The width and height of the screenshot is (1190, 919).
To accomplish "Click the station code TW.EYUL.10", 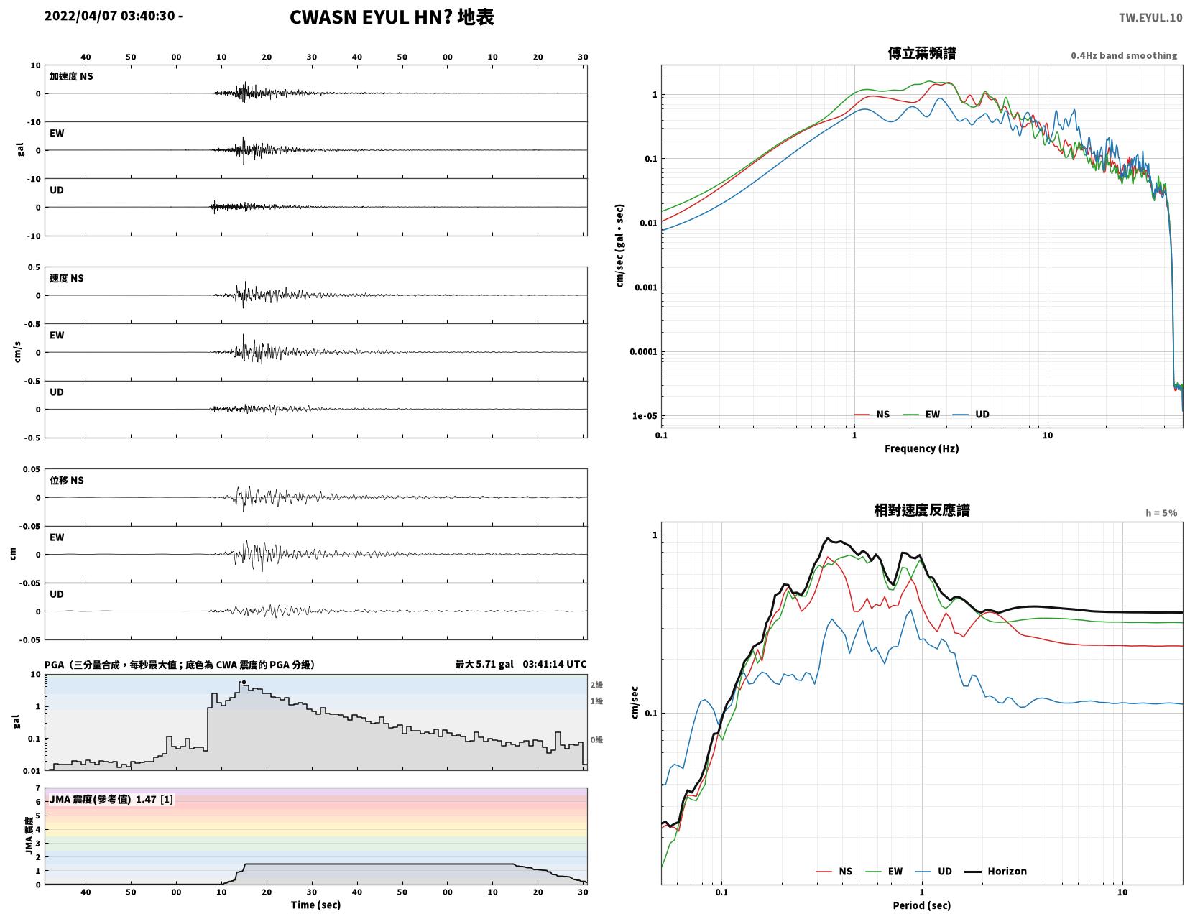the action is [1150, 17].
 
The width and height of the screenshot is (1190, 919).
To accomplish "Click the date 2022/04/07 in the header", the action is [80, 15].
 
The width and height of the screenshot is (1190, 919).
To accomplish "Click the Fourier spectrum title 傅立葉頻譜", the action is [922, 53].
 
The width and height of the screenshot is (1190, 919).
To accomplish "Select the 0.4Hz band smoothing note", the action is [1124, 55].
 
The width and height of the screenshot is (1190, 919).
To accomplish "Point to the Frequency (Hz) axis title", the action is [922, 448].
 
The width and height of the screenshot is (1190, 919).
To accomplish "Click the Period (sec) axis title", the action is [922, 905].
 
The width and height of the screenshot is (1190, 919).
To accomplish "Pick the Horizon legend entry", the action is [995, 872].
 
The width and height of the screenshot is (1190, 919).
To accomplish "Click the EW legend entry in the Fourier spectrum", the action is [921, 415].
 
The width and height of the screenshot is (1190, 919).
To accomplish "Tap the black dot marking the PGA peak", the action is [244, 682].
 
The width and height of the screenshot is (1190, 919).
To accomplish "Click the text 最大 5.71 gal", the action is [484, 664].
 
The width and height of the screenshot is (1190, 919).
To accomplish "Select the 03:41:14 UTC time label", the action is [554, 664].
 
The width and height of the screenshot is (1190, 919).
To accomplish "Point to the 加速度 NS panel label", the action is [71, 76].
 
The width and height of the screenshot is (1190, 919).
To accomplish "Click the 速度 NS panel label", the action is [66, 278].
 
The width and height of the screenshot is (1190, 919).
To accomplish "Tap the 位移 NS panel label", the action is [66, 480].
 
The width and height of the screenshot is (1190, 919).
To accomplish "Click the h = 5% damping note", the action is [1161, 513].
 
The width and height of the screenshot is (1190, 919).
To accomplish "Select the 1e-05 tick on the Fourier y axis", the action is [644, 416].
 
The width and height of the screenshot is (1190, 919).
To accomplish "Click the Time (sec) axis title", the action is [315, 905].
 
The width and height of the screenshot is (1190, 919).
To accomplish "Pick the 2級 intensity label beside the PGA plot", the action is [596, 685].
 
